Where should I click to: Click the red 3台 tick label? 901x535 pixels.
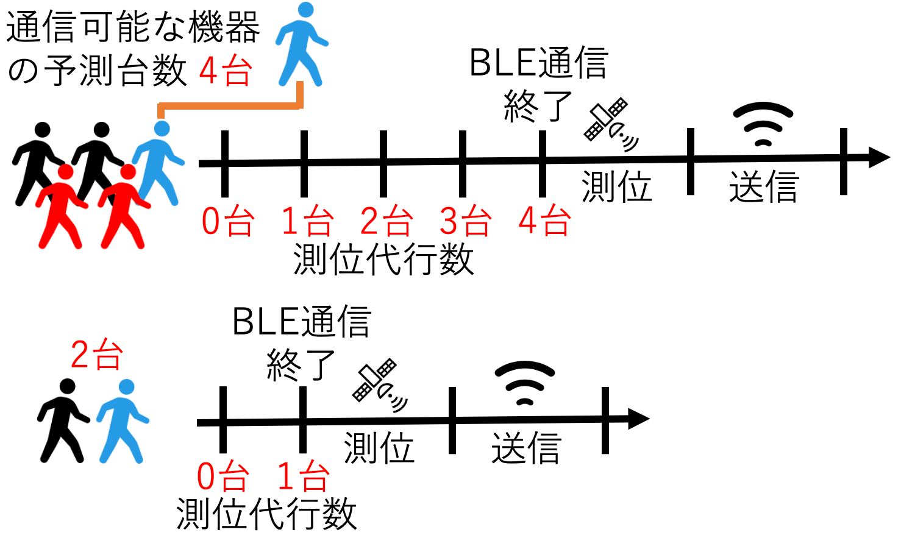(465, 221)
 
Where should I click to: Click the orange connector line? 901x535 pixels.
(229, 105)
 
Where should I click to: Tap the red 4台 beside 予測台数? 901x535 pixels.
(226, 71)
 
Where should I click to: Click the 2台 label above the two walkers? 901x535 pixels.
(96, 354)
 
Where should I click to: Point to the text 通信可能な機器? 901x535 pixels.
(133, 27)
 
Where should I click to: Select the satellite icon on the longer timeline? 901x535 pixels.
(611, 124)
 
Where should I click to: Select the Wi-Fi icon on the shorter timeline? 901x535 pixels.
(524, 383)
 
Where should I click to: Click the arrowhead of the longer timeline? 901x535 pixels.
(879, 157)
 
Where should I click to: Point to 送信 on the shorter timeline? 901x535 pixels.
(526, 448)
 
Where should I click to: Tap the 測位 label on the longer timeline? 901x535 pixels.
(617, 186)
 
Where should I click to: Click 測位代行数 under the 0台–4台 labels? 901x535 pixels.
(383, 259)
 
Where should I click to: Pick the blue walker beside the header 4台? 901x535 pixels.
(302, 44)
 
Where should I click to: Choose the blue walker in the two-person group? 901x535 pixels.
(123, 421)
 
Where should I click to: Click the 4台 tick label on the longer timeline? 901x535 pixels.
(544, 221)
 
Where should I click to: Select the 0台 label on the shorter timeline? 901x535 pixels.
(223, 477)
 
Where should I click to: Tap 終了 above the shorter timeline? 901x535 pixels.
(301, 365)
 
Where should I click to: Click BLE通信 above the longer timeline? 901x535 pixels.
(539, 63)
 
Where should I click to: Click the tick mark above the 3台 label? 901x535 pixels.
(463, 163)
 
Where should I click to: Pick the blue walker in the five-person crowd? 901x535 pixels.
(158, 163)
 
